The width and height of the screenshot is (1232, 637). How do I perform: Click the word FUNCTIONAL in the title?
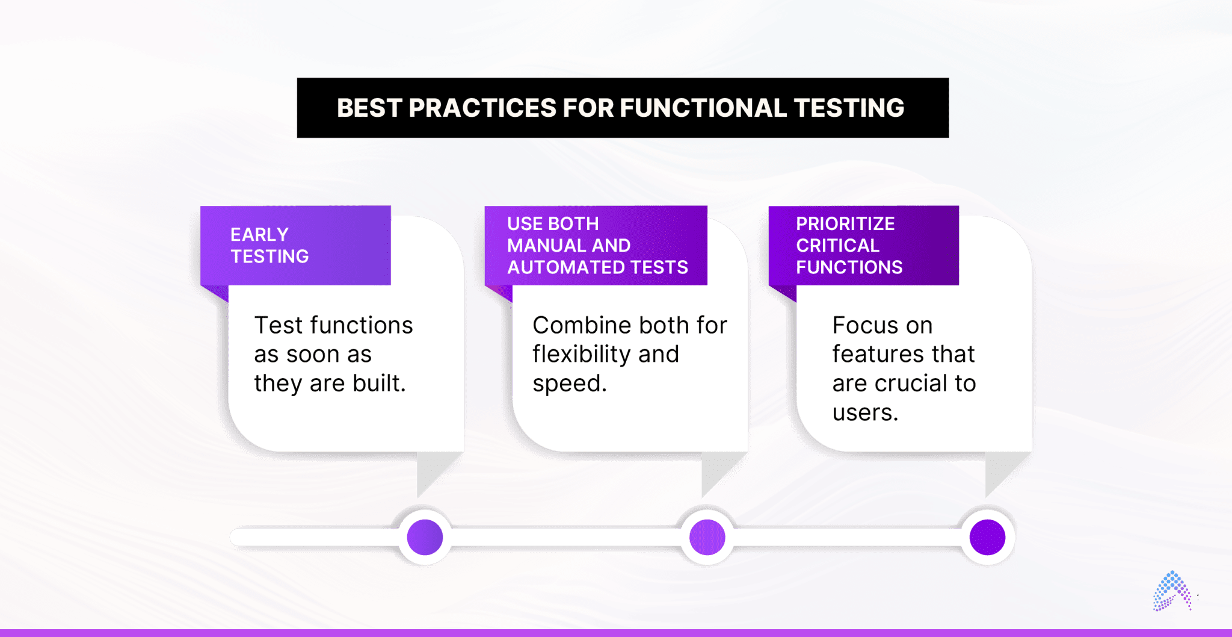click(x=703, y=108)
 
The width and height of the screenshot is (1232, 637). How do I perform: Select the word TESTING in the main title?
click(x=849, y=108)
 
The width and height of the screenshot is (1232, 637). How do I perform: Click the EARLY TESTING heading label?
click(x=269, y=246)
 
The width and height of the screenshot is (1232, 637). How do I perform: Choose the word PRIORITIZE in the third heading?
click(x=845, y=224)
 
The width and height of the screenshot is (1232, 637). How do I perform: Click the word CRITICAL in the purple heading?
click(x=837, y=246)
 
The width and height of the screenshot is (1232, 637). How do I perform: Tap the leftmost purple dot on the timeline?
click(x=425, y=536)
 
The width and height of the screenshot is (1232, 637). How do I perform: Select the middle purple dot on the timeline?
click(x=707, y=536)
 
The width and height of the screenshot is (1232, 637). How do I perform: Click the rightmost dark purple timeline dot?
click(x=987, y=536)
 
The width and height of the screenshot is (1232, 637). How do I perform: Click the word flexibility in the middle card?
click(x=580, y=354)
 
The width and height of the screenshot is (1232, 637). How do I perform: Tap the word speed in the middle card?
click(x=567, y=384)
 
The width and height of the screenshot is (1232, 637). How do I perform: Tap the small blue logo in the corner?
click(x=1171, y=591)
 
